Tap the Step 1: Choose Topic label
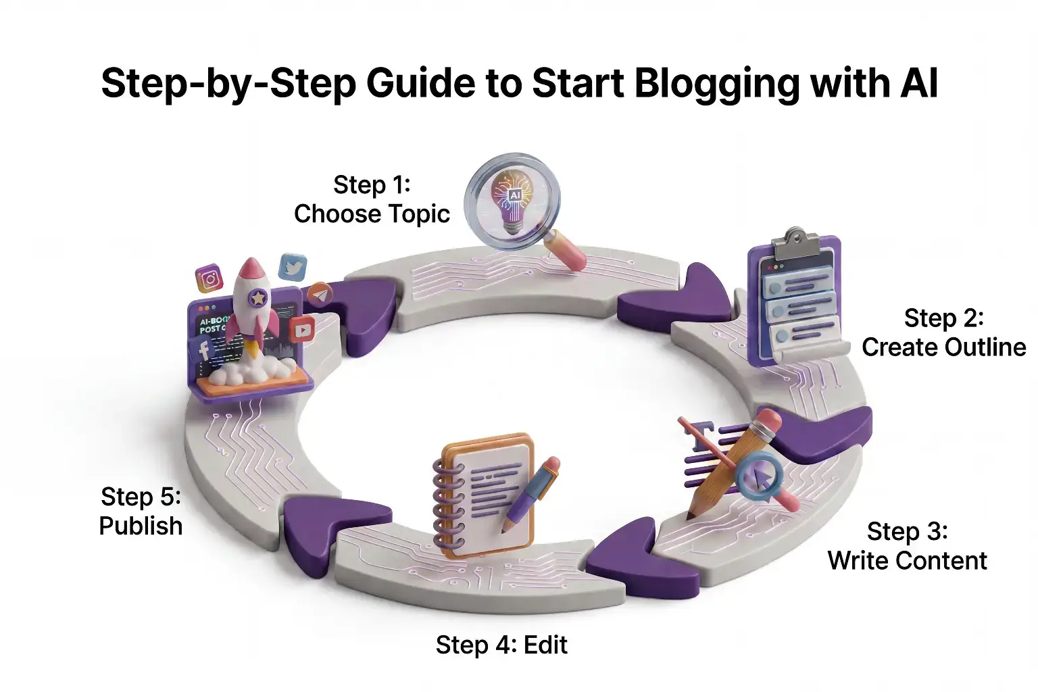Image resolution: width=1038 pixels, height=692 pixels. [x=372, y=199]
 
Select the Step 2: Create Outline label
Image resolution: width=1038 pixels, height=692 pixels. [x=943, y=332]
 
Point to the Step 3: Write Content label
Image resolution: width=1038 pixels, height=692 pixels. [x=907, y=546]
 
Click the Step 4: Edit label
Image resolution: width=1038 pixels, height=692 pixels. [x=501, y=645]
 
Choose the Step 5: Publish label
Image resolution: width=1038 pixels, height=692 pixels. [x=141, y=512]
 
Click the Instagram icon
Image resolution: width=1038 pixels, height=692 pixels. [x=209, y=278]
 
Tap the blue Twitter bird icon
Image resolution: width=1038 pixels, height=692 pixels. [x=293, y=268]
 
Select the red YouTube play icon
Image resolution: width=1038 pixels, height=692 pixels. [x=301, y=330]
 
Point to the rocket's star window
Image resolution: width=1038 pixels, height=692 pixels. [x=257, y=297]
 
